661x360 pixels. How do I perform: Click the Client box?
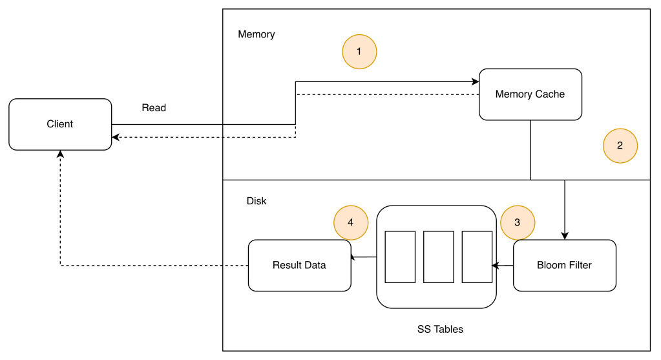click(x=60, y=124)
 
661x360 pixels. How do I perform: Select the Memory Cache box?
click(x=530, y=94)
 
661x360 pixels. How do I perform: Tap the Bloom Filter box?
click(x=564, y=265)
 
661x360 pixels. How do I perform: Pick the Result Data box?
click(x=299, y=265)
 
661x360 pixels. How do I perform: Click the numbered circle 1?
click(x=359, y=51)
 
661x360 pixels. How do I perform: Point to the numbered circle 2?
click(x=620, y=145)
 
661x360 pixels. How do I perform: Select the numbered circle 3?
click(x=517, y=222)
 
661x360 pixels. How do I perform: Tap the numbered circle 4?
click(x=350, y=222)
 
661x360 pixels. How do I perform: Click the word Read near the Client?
click(x=154, y=108)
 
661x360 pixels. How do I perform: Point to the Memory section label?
click(x=256, y=34)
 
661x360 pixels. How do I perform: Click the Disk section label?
click(x=257, y=201)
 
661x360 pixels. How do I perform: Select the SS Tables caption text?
click(x=440, y=329)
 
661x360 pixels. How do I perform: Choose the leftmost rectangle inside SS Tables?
click(x=400, y=257)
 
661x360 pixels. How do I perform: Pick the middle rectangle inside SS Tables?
click(x=439, y=257)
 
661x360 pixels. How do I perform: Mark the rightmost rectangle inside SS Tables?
click(x=477, y=257)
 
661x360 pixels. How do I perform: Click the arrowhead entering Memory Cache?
click(x=475, y=82)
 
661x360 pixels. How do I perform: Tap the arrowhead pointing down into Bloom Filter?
click(x=565, y=236)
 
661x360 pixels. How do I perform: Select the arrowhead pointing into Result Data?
click(x=354, y=257)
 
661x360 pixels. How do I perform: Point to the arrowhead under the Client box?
click(x=60, y=154)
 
